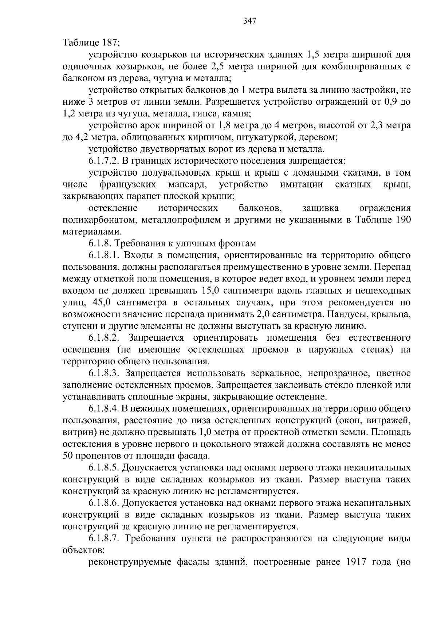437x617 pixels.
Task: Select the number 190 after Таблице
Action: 402,220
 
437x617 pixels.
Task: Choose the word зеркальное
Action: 275,373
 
